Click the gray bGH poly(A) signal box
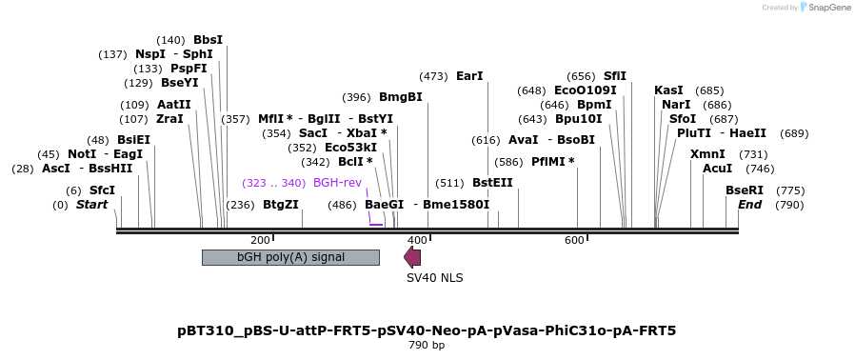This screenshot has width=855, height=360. (x=290, y=257)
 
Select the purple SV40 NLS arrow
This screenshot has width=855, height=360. (x=412, y=257)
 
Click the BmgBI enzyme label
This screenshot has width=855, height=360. (x=400, y=97)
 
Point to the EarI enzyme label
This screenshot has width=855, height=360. (x=469, y=76)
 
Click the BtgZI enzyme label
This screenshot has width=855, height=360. (x=280, y=205)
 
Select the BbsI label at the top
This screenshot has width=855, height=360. (x=208, y=40)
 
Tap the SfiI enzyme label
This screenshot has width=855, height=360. (x=615, y=76)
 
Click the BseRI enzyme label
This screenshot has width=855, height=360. (x=745, y=190)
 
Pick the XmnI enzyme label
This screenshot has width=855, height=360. (x=707, y=154)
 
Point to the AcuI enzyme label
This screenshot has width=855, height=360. (x=717, y=169)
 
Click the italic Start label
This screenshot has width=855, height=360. (x=92, y=205)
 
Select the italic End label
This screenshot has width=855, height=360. (x=750, y=205)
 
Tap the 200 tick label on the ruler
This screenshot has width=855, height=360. (x=260, y=240)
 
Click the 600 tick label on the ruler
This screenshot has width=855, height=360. (x=574, y=240)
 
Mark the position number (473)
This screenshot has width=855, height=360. (x=433, y=76)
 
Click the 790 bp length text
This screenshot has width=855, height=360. (x=427, y=345)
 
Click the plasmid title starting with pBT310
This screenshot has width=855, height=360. (x=427, y=330)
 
